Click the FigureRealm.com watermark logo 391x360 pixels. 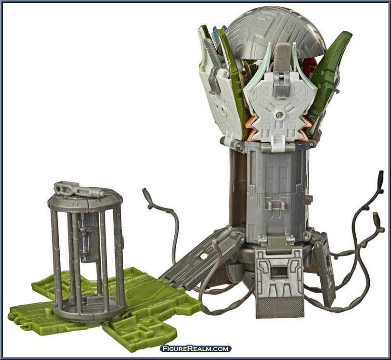pos(196,348)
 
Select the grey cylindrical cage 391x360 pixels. pos(86,252)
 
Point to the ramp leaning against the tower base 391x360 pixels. pos(202,257)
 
